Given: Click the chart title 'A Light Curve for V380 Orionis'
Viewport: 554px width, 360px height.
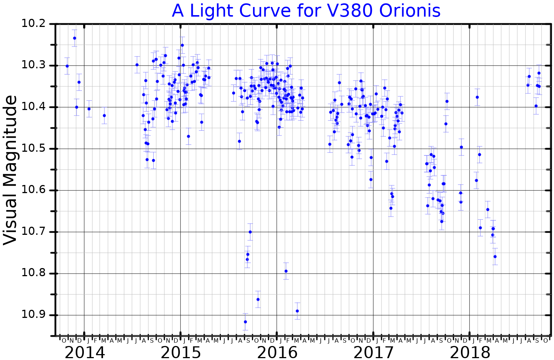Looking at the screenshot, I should click(x=306, y=11).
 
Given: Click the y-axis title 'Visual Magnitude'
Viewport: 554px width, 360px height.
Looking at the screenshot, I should click(x=10, y=170).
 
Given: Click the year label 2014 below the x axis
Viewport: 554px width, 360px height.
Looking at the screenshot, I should click(x=85, y=353).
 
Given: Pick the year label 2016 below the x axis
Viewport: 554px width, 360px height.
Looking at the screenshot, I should click(x=277, y=353).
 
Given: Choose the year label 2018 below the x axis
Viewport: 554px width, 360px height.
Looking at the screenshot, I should click(x=470, y=353).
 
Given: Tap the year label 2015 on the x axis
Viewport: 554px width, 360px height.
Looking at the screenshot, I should click(x=181, y=353).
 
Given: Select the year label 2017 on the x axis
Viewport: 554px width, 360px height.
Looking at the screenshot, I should click(x=373, y=353).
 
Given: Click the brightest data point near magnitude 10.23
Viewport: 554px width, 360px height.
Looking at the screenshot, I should click(x=75, y=38).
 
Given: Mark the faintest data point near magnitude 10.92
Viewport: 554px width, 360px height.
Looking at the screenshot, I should click(x=245, y=322).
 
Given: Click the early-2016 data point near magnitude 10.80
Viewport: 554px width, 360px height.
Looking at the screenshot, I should click(x=286, y=271).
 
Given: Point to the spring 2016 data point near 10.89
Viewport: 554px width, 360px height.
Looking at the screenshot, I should click(x=297, y=311).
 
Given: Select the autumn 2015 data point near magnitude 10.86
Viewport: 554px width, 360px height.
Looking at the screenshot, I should click(x=258, y=299).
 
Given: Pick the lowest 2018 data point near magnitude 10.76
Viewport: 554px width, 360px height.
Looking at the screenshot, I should click(x=495, y=257).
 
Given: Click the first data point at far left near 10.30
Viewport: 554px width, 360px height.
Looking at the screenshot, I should click(x=67, y=66).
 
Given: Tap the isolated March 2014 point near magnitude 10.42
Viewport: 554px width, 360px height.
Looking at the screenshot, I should click(x=104, y=116).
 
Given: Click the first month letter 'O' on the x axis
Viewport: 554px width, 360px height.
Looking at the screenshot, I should click(x=64, y=340).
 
